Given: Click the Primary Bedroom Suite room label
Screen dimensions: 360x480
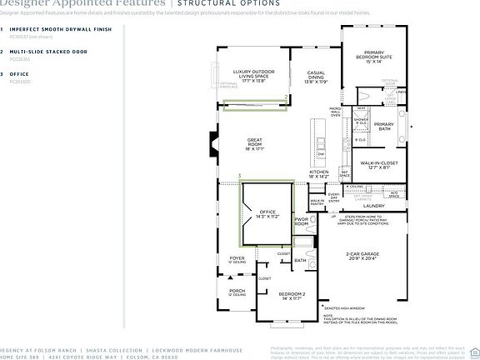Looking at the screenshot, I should pos(372,56).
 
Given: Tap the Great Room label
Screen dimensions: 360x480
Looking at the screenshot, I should pos(255,143).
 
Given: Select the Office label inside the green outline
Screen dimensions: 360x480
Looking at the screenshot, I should pos(267,215).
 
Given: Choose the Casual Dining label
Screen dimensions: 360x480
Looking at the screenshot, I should pos(317,78).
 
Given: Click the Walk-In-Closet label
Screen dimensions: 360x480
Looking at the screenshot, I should pos(379,167).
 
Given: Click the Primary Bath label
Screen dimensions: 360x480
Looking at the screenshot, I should pos(384,126).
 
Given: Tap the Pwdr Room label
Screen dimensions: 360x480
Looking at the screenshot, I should pos(302,223).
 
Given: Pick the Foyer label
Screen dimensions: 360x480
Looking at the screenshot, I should pos(237,261).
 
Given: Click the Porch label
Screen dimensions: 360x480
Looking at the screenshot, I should pos(237,292).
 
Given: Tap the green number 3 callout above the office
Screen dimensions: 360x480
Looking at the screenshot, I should pos(239,176).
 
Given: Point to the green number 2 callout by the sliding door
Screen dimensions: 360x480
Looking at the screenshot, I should pos(287,97).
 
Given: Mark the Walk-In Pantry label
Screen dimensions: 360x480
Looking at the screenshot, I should pos(317,202).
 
